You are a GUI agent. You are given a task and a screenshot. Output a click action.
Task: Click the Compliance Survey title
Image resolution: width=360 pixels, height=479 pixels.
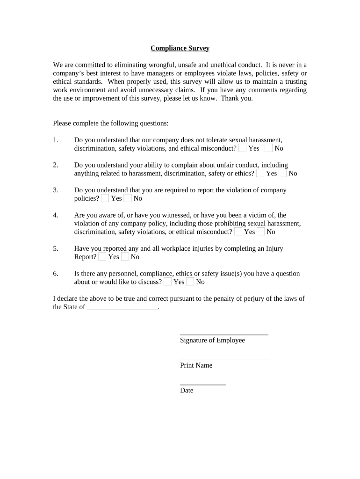[x=180, y=48]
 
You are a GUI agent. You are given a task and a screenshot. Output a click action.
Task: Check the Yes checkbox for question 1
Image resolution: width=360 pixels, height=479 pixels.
[x=243, y=148]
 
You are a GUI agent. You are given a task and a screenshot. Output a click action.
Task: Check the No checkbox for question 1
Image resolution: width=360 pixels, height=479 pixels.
[x=269, y=148]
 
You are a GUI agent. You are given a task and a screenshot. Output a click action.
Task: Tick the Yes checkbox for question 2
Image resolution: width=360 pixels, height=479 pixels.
[x=260, y=173]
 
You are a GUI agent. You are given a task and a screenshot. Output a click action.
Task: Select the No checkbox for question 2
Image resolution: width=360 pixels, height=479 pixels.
[x=283, y=173]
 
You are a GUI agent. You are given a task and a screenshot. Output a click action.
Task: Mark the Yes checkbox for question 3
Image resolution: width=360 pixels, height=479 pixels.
[x=105, y=198]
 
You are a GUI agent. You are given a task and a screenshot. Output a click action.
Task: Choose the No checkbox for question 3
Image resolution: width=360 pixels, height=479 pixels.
[x=128, y=198]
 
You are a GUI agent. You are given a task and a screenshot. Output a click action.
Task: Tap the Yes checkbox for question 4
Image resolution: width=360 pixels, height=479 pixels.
[x=238, y=232]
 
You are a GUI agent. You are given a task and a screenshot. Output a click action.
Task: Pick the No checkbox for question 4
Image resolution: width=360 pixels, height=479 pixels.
[x=261, y=232]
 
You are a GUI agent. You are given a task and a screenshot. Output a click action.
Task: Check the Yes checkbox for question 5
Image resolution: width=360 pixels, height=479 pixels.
[x=102, y=256]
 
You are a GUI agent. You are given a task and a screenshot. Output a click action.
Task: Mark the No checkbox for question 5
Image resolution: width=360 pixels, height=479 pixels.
[x=125, y=256]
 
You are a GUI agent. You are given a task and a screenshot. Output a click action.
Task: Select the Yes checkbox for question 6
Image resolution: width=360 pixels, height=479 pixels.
[x=168, y=282]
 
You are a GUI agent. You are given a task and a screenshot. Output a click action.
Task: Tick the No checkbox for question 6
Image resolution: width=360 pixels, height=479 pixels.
[x=190, y=282]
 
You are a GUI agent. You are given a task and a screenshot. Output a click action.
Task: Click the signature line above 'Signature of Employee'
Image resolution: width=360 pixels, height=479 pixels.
[x=224, y=333]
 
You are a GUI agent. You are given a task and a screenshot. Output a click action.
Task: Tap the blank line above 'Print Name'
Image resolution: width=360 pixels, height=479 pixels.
[x=224, y=358]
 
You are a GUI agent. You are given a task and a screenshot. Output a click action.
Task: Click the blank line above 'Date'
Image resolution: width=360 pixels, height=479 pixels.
[x=203, y=383]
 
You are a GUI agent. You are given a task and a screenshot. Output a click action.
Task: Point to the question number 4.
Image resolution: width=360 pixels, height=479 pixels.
[x=56, y=215]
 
